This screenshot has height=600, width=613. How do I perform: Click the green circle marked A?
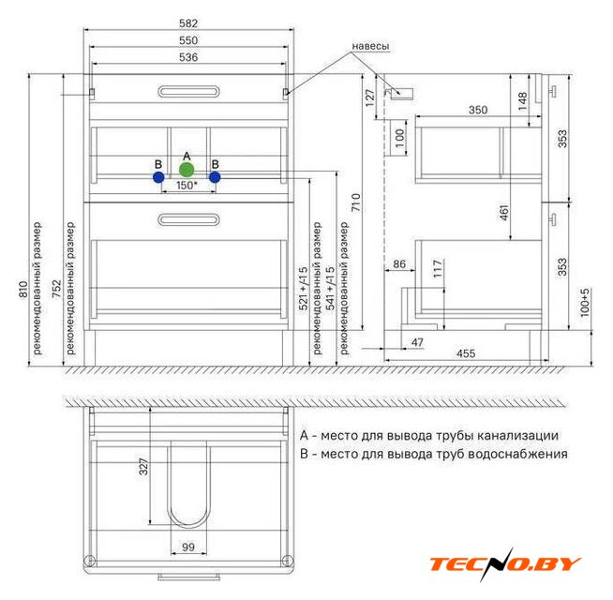[187, 170]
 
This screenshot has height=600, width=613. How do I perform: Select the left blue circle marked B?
[158, 177]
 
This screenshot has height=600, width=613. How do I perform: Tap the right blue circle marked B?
[215, 177]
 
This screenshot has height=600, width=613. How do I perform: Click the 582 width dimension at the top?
[188, 23]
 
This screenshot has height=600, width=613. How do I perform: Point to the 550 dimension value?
[188, 40]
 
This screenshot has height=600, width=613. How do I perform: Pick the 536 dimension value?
[188, 57]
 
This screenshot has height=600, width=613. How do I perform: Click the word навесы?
[370, 46]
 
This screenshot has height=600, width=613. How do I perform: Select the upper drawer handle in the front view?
[188, 92]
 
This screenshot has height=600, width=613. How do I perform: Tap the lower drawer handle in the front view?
[188, 219]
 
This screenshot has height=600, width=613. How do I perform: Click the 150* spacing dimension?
[187, 185]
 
